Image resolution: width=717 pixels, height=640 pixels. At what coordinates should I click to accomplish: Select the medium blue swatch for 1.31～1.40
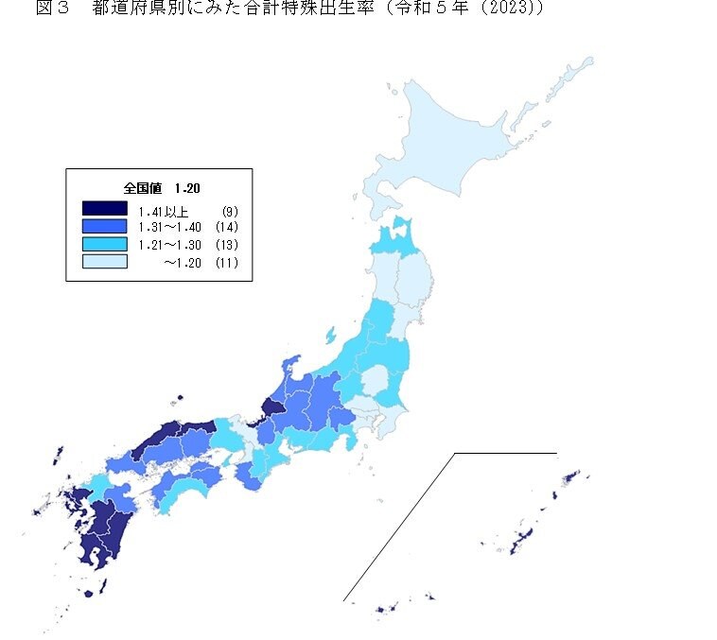pyautogui.click(x=104, y=227)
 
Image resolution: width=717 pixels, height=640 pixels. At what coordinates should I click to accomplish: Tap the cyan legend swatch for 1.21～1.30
pyautogui.click(x=104, y=244)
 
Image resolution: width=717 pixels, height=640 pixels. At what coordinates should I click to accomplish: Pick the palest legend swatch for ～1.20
pyautogui.click(x=104, y=261)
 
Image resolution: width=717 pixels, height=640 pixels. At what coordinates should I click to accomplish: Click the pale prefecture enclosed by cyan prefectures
pyautogui.click(x=376, y=382)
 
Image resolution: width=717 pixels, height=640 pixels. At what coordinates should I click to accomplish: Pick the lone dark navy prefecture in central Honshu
pyautogui.click(x=271, y=408)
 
